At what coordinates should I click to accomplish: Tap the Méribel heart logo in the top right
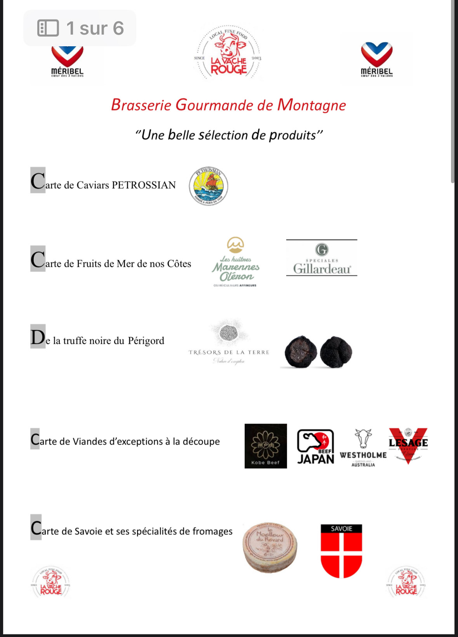click(376, 59)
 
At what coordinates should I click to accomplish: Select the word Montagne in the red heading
click(311, 105)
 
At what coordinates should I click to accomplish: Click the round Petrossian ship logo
click(209, 186)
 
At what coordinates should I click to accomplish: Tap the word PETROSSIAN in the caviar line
click(144, 185)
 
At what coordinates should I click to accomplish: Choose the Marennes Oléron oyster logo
click(235, 262)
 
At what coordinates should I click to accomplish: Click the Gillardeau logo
click(322, 258)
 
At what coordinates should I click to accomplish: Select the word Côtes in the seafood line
click(179, 264)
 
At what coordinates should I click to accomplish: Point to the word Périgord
click(146, 341)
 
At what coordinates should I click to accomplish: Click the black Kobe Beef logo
click(266, 446)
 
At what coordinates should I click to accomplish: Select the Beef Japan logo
click(315, 446)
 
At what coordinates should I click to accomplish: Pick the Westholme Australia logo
click(363, 448)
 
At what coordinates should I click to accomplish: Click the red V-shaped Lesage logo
click(408, 444)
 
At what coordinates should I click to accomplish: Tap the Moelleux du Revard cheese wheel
click(270, 548)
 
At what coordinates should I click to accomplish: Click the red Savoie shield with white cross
click(341, 551)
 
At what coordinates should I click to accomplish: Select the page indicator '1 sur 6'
click(80, 28)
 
